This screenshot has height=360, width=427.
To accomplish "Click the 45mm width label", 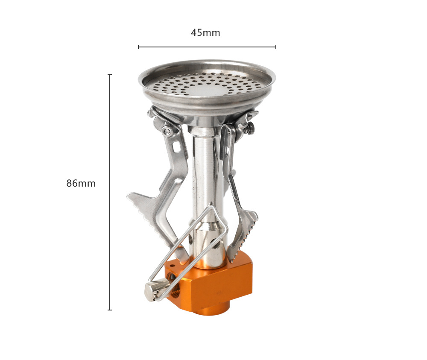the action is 205,33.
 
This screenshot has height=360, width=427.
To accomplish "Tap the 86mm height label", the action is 81,183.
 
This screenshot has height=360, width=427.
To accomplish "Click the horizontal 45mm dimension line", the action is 207,47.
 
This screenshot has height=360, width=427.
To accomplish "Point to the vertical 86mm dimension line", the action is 110,192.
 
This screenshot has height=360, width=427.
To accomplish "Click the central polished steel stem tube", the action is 207,190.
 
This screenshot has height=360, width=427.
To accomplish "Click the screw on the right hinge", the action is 251,128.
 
